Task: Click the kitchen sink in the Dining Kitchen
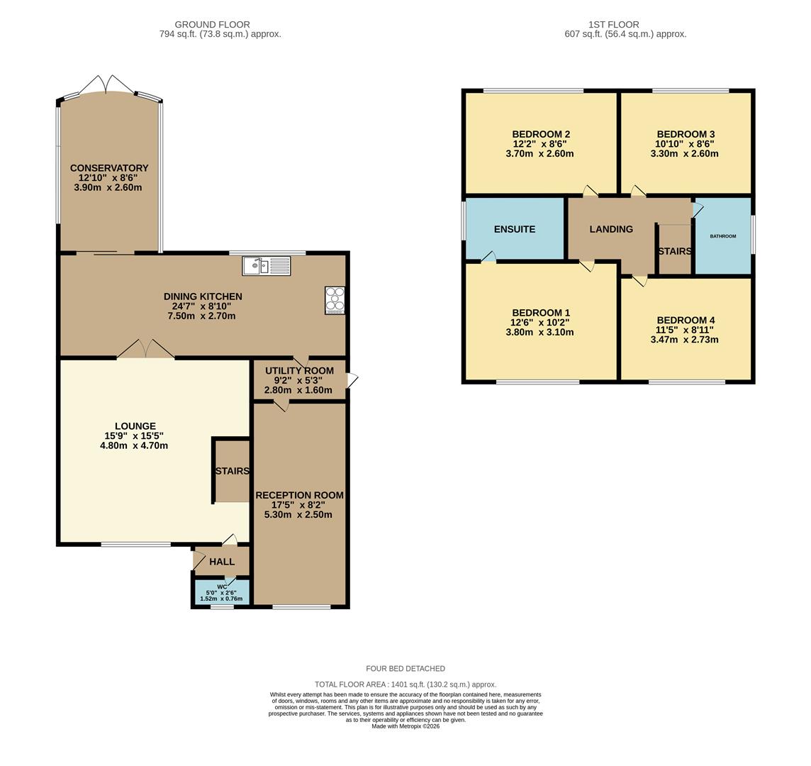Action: [267, 266]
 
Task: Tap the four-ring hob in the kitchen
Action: [335, 300]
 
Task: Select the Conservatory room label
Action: [109, 168]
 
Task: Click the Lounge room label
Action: [135, 426]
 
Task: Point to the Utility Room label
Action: [299, 371]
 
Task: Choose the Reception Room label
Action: [299, 495]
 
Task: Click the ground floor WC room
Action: [222, 592]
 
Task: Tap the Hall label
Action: [222, 562]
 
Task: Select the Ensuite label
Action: [515, 229]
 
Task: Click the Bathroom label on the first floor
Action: [723, 236]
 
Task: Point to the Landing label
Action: [611, 229]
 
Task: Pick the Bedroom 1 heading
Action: [541, 313]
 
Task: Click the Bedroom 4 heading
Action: [685, 320]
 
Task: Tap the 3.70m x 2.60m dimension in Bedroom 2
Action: [539, 154]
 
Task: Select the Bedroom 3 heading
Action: [686, 134]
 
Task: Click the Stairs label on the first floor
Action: [674, 251]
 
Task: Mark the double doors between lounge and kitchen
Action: [145, 349]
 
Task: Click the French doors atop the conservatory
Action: [106, 85]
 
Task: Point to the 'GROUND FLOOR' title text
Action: [212, 25]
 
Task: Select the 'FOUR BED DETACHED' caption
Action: [405, 668]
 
